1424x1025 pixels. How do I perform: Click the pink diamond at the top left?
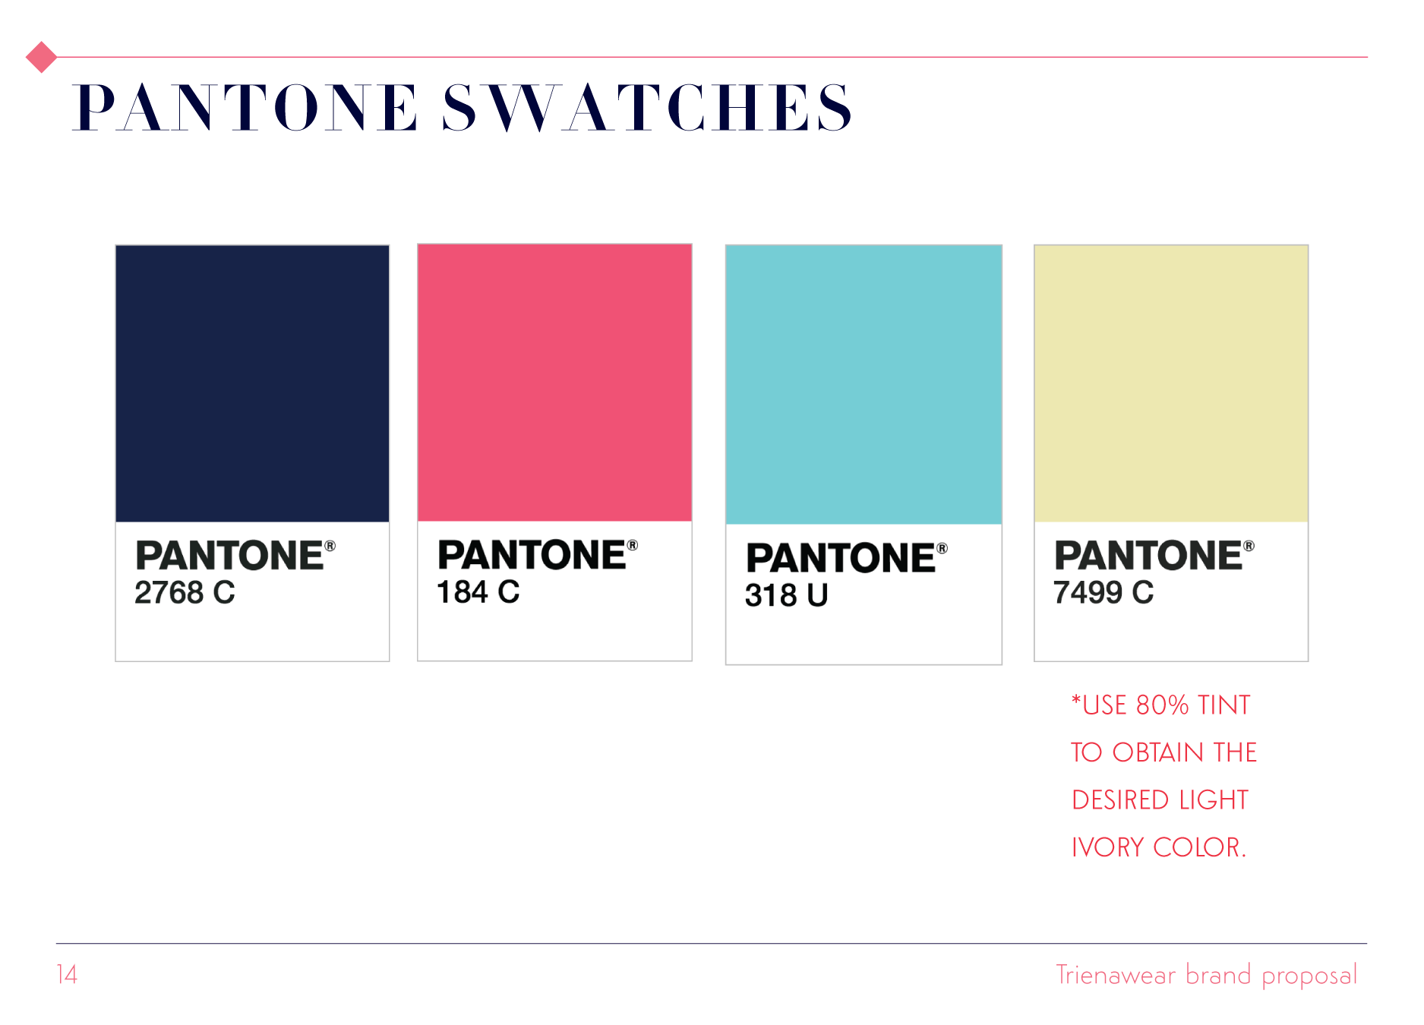[41, 57]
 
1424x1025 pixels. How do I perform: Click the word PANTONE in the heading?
[245, 108]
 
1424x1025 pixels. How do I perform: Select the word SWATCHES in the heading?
[647, 108]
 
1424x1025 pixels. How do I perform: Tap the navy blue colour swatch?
[252, 383]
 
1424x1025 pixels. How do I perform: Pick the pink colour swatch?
[554, 383]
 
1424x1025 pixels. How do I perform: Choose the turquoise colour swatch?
[864, 384]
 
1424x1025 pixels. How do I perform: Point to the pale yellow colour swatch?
[1171, 383]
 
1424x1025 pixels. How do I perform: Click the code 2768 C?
[185, 592]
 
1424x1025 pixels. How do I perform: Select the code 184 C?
[478, 592]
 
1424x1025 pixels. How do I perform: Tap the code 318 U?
[786, 595]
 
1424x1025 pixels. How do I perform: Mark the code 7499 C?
[1103, 592]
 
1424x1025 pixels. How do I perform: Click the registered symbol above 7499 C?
[1249, 546]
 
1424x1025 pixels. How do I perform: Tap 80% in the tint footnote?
[1162, 705]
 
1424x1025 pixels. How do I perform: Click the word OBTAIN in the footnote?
[1158, 752]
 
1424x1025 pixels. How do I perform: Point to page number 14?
[67, 975]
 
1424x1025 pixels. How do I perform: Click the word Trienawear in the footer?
[1116, 975]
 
